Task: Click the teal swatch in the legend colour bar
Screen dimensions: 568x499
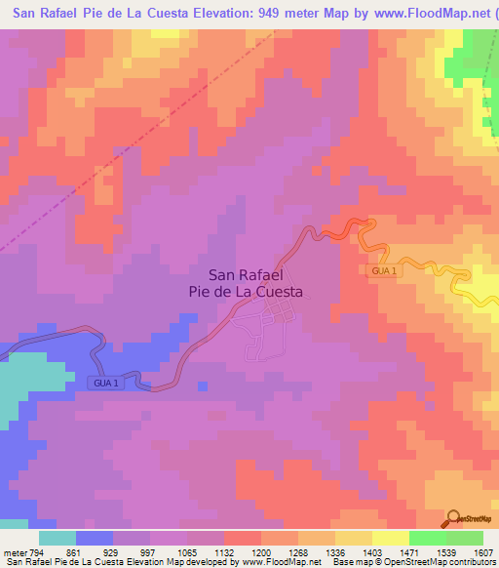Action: [x=57, y=538]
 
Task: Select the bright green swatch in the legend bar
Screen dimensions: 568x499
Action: [x=427, y=538]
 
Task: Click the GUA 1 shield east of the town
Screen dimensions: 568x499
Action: [x=383, y=270]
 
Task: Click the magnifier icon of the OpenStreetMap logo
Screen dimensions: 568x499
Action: [x=453, y=517]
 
